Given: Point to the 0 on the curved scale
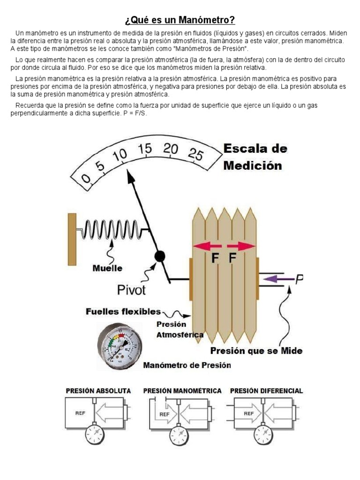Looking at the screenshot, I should coord(86,179).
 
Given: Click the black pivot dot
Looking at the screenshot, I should coord(160,255).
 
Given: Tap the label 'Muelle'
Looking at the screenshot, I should coord(107,268).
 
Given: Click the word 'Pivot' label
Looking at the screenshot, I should coord(131,290).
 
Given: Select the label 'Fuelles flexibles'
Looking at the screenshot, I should coord(123,312).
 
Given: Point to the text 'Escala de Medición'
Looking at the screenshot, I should coord(255,157).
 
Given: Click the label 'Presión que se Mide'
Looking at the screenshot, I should coord(256,351).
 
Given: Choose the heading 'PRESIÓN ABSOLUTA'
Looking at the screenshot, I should coord(98,390).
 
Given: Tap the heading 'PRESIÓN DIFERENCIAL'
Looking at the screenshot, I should coord(266,390).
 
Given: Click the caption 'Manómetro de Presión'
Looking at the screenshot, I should coord(187,365).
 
